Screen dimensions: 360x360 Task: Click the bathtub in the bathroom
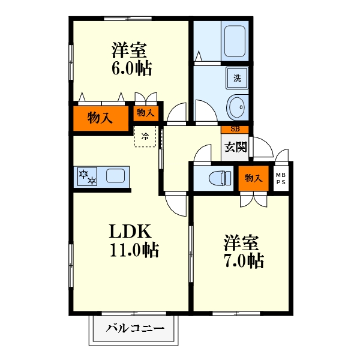235,41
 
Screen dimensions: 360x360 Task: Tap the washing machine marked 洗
237,78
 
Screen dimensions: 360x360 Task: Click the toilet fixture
220,178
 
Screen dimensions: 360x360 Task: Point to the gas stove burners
87,176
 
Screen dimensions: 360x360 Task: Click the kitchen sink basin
115,176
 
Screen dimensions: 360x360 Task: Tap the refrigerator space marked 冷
145,136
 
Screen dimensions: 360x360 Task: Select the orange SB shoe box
235,129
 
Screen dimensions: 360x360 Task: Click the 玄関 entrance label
236,147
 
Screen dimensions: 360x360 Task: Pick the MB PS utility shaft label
281,178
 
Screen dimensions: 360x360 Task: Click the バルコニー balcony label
135,328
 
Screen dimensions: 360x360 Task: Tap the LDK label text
130,232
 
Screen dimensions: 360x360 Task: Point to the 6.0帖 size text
132,68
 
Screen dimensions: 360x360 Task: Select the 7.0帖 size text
244,260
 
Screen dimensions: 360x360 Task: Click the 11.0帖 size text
134,250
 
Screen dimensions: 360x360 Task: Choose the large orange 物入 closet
101,118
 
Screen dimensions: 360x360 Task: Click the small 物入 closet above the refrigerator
146,113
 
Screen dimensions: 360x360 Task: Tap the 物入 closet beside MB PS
253,178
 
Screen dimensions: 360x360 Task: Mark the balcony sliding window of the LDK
134,313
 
